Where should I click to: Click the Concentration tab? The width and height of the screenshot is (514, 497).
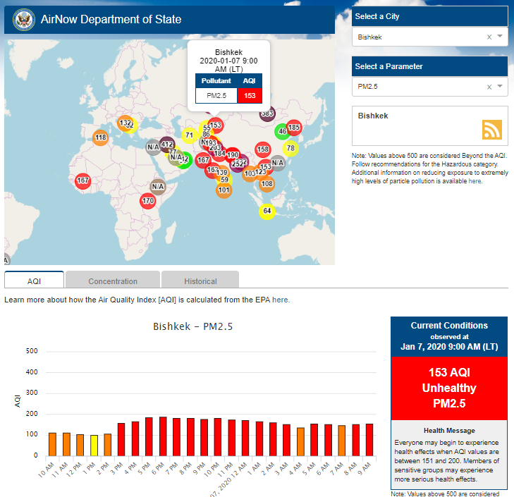coord(113,281)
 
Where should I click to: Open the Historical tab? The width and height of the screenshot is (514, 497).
coord(200,281)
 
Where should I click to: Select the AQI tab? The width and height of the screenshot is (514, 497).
coord(34,281)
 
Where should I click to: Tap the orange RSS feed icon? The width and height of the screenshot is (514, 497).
coord(491,129)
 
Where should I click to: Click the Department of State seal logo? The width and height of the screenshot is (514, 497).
coord(23,19)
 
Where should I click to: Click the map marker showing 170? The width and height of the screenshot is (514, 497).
coord(147,201)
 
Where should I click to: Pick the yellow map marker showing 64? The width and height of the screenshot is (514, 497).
coord(267,211)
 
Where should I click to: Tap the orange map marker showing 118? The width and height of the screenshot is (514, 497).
coord(101,137)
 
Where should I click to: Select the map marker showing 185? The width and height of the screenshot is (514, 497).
coord(294,128)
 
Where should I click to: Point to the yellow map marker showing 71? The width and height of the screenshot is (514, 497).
coord(189,135)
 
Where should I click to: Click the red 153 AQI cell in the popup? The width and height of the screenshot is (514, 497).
coord(250,95)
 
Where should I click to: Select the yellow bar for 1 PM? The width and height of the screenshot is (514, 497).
coord(94,445)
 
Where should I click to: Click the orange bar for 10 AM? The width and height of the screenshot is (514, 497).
coord(52,443)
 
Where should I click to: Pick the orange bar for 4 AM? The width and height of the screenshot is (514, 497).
coord(301,441)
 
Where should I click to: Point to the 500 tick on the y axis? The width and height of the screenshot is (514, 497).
coord(32,351)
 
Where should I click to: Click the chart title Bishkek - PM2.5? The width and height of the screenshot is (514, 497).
coord(192,327)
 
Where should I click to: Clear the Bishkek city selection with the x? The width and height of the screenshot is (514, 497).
coord(489,37)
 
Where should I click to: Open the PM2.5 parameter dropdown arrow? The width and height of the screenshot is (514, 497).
coord(500,86)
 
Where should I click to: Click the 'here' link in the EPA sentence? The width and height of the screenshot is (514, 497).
coord(280,300)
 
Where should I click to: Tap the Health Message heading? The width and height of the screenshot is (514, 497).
coord(449,430)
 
